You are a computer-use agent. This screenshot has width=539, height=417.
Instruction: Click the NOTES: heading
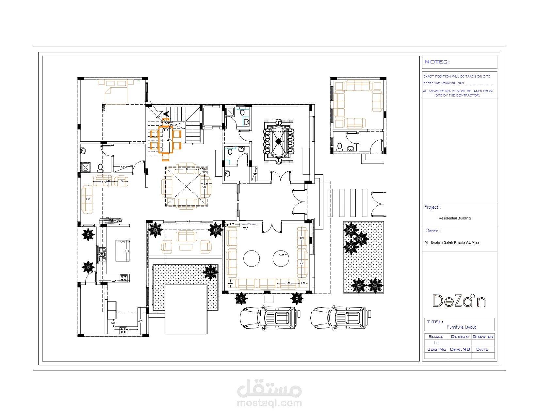pos(437,62)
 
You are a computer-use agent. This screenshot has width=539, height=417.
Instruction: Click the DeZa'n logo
pos(459,301)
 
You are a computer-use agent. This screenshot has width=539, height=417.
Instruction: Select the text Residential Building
pos(454,218)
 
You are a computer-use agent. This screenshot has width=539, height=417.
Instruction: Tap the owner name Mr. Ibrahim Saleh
pos(451,242)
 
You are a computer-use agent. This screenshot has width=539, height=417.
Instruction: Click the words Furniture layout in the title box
pos(461,327)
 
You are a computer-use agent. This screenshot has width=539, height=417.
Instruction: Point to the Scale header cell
pos(436,337)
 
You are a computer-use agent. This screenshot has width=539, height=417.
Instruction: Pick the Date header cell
pos(482,349)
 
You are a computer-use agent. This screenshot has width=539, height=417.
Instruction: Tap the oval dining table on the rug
pos(279,141)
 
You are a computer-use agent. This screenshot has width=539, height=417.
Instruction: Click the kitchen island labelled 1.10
pos(122,251)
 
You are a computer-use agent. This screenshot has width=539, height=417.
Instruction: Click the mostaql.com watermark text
pos(269,403)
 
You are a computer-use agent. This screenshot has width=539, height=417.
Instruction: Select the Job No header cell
pos(436,349)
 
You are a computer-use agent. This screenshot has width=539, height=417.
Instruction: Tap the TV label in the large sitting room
pos(245,229)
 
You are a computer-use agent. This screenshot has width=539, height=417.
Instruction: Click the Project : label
pos(433,207)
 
